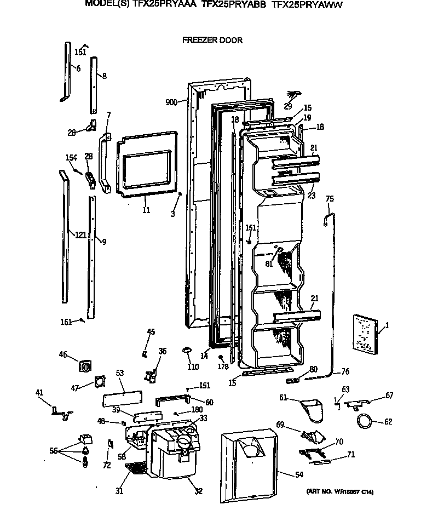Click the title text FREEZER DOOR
pos(212,40)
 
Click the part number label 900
pos(171,102)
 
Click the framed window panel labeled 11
pos(147,163)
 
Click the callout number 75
pos(330,198)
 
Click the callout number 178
pos(223,366)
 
